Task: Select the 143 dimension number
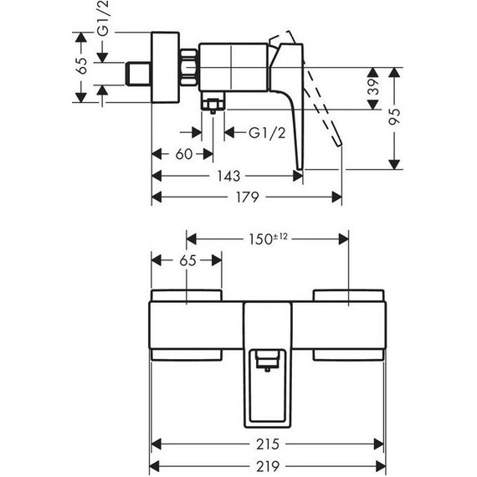pos(228,176)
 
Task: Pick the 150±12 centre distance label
pos(266,238)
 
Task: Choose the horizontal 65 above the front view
pos(187,260)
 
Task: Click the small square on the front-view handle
pos(266,361)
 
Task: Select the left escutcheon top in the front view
pos(186,294)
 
